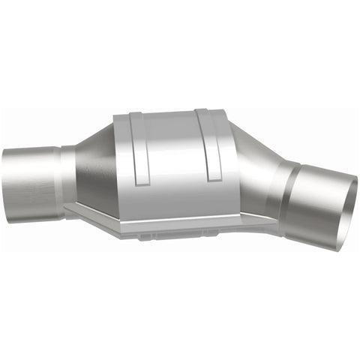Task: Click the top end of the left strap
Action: point(133,117)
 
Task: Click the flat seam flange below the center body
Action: point(172,222)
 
